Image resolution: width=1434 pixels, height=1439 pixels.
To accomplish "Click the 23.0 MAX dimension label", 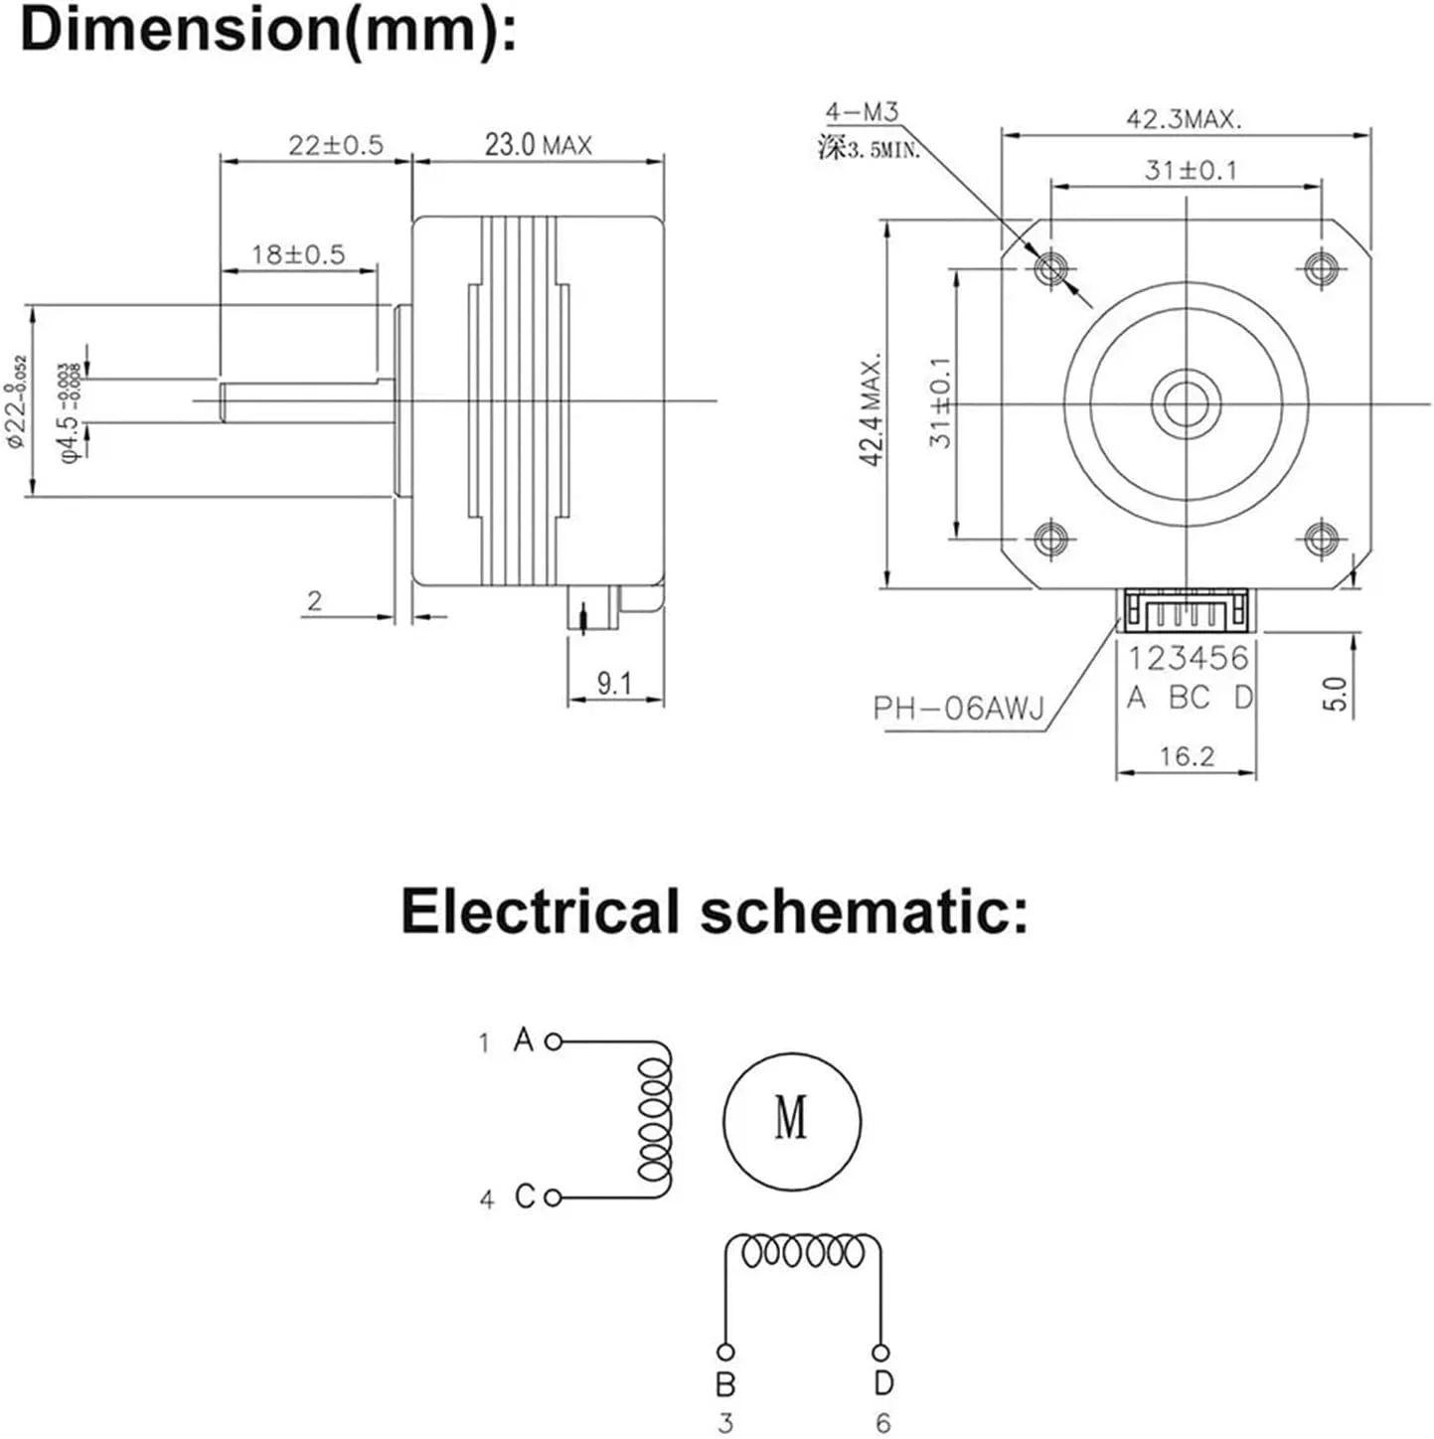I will [x=538, y=145].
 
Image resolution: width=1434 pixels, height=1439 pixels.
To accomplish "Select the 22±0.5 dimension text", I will [x=335, y=145].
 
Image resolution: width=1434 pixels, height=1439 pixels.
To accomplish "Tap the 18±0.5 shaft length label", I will [x=297, y=254].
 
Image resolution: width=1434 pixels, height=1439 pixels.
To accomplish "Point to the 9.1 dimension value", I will [x=614, y=683].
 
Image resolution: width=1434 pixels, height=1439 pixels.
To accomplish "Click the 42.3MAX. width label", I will [x=1184, y=119].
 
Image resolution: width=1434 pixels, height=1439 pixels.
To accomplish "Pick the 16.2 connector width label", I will [x=1186, y=757].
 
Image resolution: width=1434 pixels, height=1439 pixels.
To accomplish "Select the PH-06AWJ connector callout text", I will [x=959, y=709].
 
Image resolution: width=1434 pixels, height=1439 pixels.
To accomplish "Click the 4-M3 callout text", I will [x=862, y=111].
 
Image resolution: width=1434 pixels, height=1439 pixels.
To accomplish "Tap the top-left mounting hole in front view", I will [x=1050, y=266].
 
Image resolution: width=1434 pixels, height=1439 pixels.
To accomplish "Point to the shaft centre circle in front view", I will [x=1186, y=402].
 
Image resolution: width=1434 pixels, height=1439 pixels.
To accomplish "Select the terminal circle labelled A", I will [x=554, y=1041].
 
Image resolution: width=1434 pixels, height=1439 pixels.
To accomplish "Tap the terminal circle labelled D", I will [x=880, y=1353].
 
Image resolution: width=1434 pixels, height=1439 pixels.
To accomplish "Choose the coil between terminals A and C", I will [x=654, y=1119].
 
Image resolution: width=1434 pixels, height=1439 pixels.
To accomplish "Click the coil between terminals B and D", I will [x=803, y=1251].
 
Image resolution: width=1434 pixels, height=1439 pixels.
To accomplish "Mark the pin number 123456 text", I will [x=1187, y=658].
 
